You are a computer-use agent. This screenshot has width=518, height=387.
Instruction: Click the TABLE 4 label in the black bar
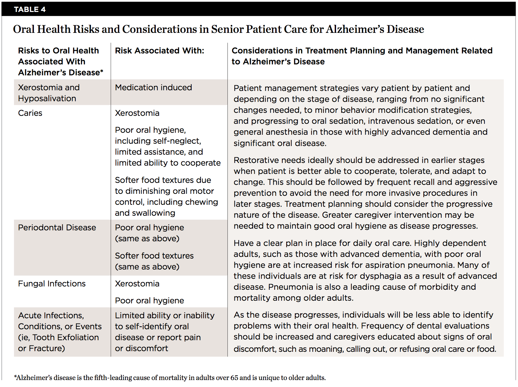pyautogui.click(x=30, y=9)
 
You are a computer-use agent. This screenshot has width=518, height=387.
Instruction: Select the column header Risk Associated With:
pyautogui.click(x=159, y=50)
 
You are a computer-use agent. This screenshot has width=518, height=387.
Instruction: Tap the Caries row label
pyautogui.click(x=30, y=113)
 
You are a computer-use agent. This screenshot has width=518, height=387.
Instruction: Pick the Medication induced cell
pyautogui.click(x=153, y=87)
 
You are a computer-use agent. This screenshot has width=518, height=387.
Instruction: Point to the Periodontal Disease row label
pyautogui.click(x=57, y=227)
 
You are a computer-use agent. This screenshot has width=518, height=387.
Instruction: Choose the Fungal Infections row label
pyautogui.click(x=52, y=283)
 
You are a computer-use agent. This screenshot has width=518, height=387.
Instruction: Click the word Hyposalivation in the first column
pyautogui.click(x=47, y=98)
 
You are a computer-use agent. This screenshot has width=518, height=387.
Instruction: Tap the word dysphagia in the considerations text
pyautogui.click(x=381, y=276)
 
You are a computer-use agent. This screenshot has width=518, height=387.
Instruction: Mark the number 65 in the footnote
pyautogui.click(x=234, y=377)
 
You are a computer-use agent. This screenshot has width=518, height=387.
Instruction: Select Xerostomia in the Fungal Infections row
pyautogui.click(x=137, y=283)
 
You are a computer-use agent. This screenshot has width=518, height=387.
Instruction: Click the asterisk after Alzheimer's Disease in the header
pyautogui.click(x=102, y=71)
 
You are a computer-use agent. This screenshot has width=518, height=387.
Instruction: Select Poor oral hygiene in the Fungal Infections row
pyautogui.click(x=149, y=300)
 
